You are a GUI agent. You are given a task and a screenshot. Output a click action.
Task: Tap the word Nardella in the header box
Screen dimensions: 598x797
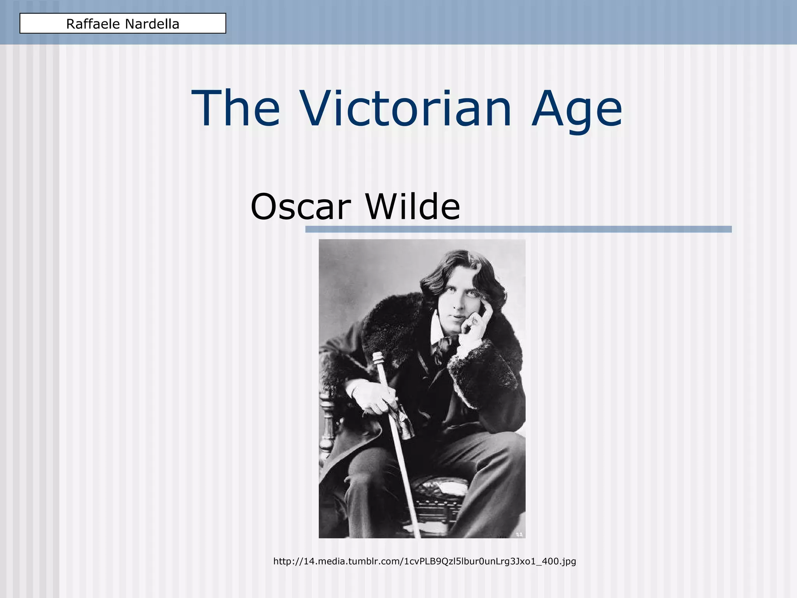[x=152, y=24]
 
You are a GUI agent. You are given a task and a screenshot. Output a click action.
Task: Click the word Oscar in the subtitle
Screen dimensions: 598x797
[x=301, y=206]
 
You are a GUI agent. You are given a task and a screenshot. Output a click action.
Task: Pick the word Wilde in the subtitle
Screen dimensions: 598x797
[x=413, y=206]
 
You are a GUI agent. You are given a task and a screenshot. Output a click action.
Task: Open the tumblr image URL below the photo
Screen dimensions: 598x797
[x=425, y=561]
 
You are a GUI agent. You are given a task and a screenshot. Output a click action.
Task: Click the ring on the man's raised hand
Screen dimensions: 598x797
[x=474, y=321]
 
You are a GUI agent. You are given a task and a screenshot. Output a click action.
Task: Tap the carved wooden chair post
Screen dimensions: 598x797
[x=326, y=424]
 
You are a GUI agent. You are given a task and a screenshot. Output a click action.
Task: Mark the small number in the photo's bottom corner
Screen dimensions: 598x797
[x=519, y=534]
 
